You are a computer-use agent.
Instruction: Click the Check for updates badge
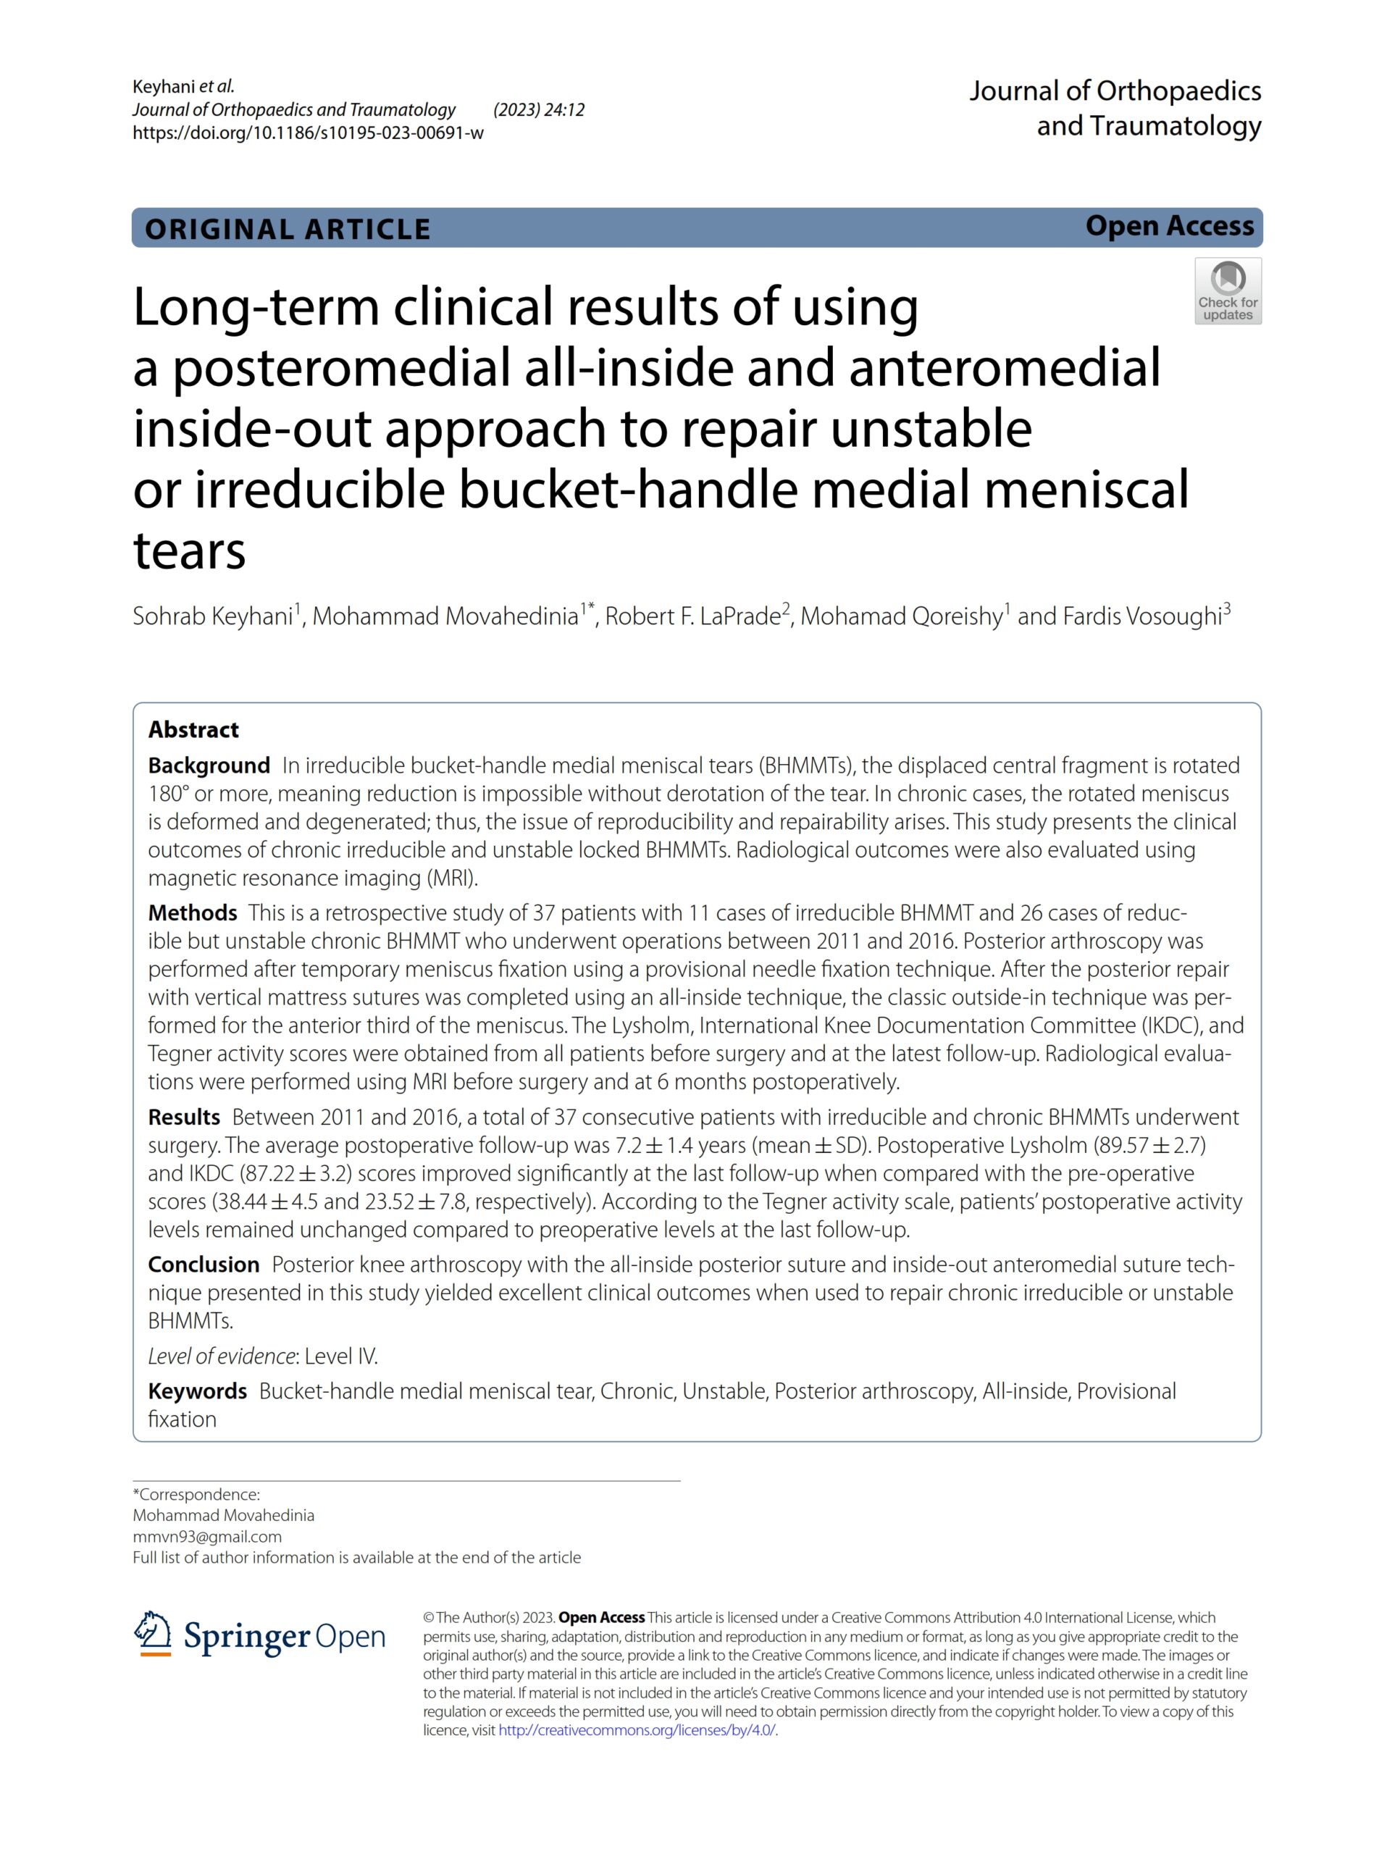[x=1228, y=291]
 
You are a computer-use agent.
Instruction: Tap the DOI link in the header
[x=308, y=133]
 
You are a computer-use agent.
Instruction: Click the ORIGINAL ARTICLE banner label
[x=288, y=229]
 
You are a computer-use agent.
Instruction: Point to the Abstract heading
[x=193, y=729]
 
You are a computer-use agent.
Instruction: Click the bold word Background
[x=209, y=765]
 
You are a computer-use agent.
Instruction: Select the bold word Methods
[x=193, y=913]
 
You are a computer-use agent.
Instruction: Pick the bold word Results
[x=183, y=1117]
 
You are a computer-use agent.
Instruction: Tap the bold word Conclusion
[x=204, y=1264]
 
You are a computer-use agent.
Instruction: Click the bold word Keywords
[x=197, y=1391]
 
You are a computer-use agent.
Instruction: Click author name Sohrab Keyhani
[x=212, y=617]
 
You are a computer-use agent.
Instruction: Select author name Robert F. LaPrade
[x=692, y=617]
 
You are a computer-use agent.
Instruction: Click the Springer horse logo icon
[x=151, y=1634]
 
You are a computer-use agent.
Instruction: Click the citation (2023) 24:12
[x=539, y=110]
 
